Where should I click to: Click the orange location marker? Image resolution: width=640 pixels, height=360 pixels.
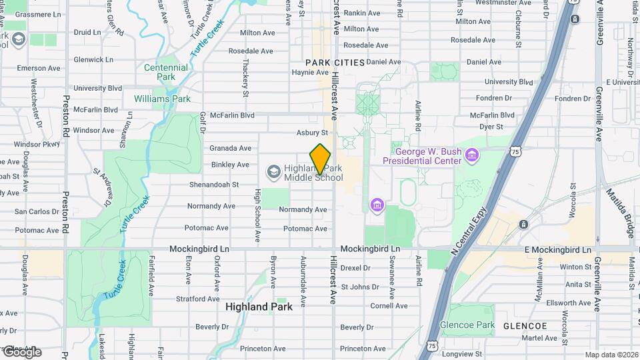pyautogui.click(x=321, y=159)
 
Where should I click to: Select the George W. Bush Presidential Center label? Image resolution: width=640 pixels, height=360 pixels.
pyautogui.click(x=421, y=156)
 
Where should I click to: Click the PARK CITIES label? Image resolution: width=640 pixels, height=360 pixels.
pyautogui.click(x=335, y=63)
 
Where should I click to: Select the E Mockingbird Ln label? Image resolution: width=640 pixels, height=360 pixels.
pyautogui.click(x=557, y=250)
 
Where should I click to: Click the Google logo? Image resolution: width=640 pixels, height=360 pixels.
pyautogui.click(x=22, y=352)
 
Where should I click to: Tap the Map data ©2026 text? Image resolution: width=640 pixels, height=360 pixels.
pyautogui.click(x=611, y=355)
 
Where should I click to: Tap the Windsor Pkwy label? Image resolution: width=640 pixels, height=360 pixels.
pyautogui.click(x=37, y=144)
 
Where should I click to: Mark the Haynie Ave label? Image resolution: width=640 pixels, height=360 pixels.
pyautogui.click(x=311, y=72)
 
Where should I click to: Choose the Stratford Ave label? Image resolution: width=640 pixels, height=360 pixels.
pyautogui.click(x=197, y=299)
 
